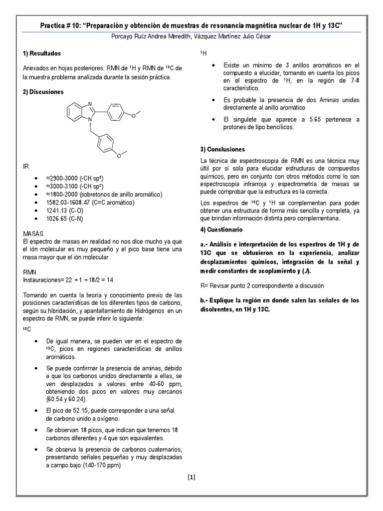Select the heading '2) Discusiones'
pyautogui.click(x=43, y=92)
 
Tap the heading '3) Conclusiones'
pyautogui.click(x=222, y=149)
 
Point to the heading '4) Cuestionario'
pyautogui.click(x=221, y=230)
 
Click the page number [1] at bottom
pyautogui.click(x=191, y=477)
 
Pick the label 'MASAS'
pyautogui.click(x=33, y=234)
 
